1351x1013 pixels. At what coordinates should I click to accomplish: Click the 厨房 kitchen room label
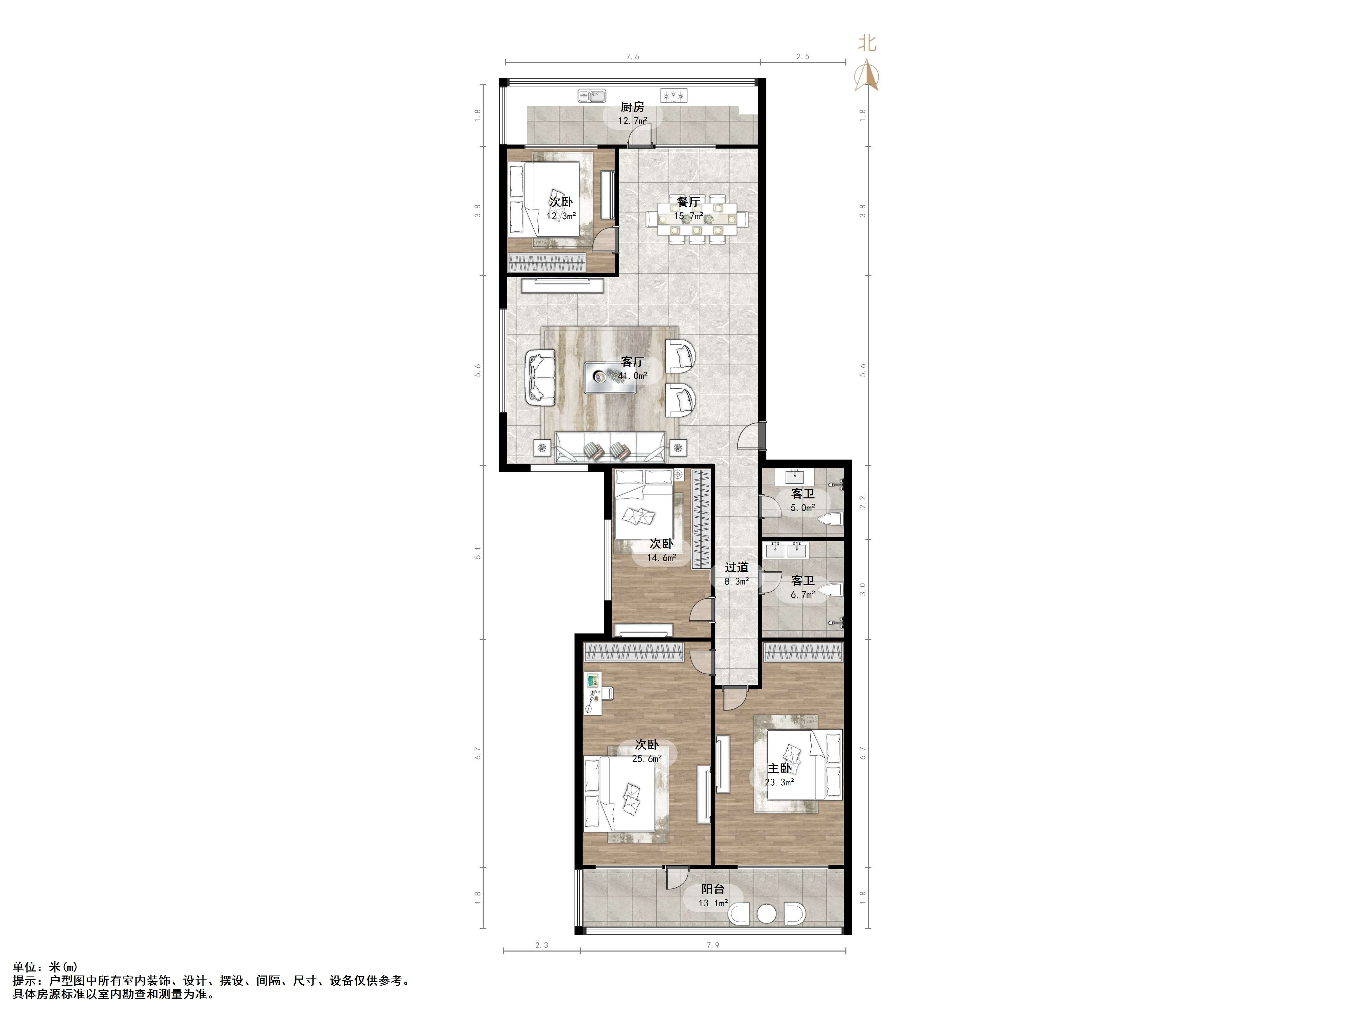[x=632, y=107]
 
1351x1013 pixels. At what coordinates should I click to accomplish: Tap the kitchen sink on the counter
[x=164, y=96]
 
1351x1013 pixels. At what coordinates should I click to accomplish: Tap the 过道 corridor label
[x=737, y=567]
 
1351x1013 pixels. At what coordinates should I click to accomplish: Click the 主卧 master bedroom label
[x=779, y=768]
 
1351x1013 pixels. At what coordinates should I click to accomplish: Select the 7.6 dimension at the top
[x=632, y=57]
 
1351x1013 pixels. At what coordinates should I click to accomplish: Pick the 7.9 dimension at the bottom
[x=713, y=945]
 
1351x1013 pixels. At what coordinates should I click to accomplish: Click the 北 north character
[x=867, y=43]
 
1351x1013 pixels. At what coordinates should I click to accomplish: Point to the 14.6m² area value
[x=661, y=557]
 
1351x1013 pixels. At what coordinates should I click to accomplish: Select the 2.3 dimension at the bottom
[x=542, y=945]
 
